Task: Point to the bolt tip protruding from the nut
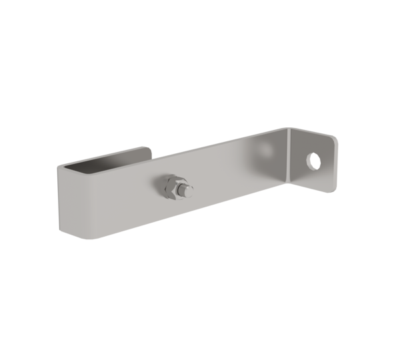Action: (189, 192)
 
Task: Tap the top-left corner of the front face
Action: (61, 167)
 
